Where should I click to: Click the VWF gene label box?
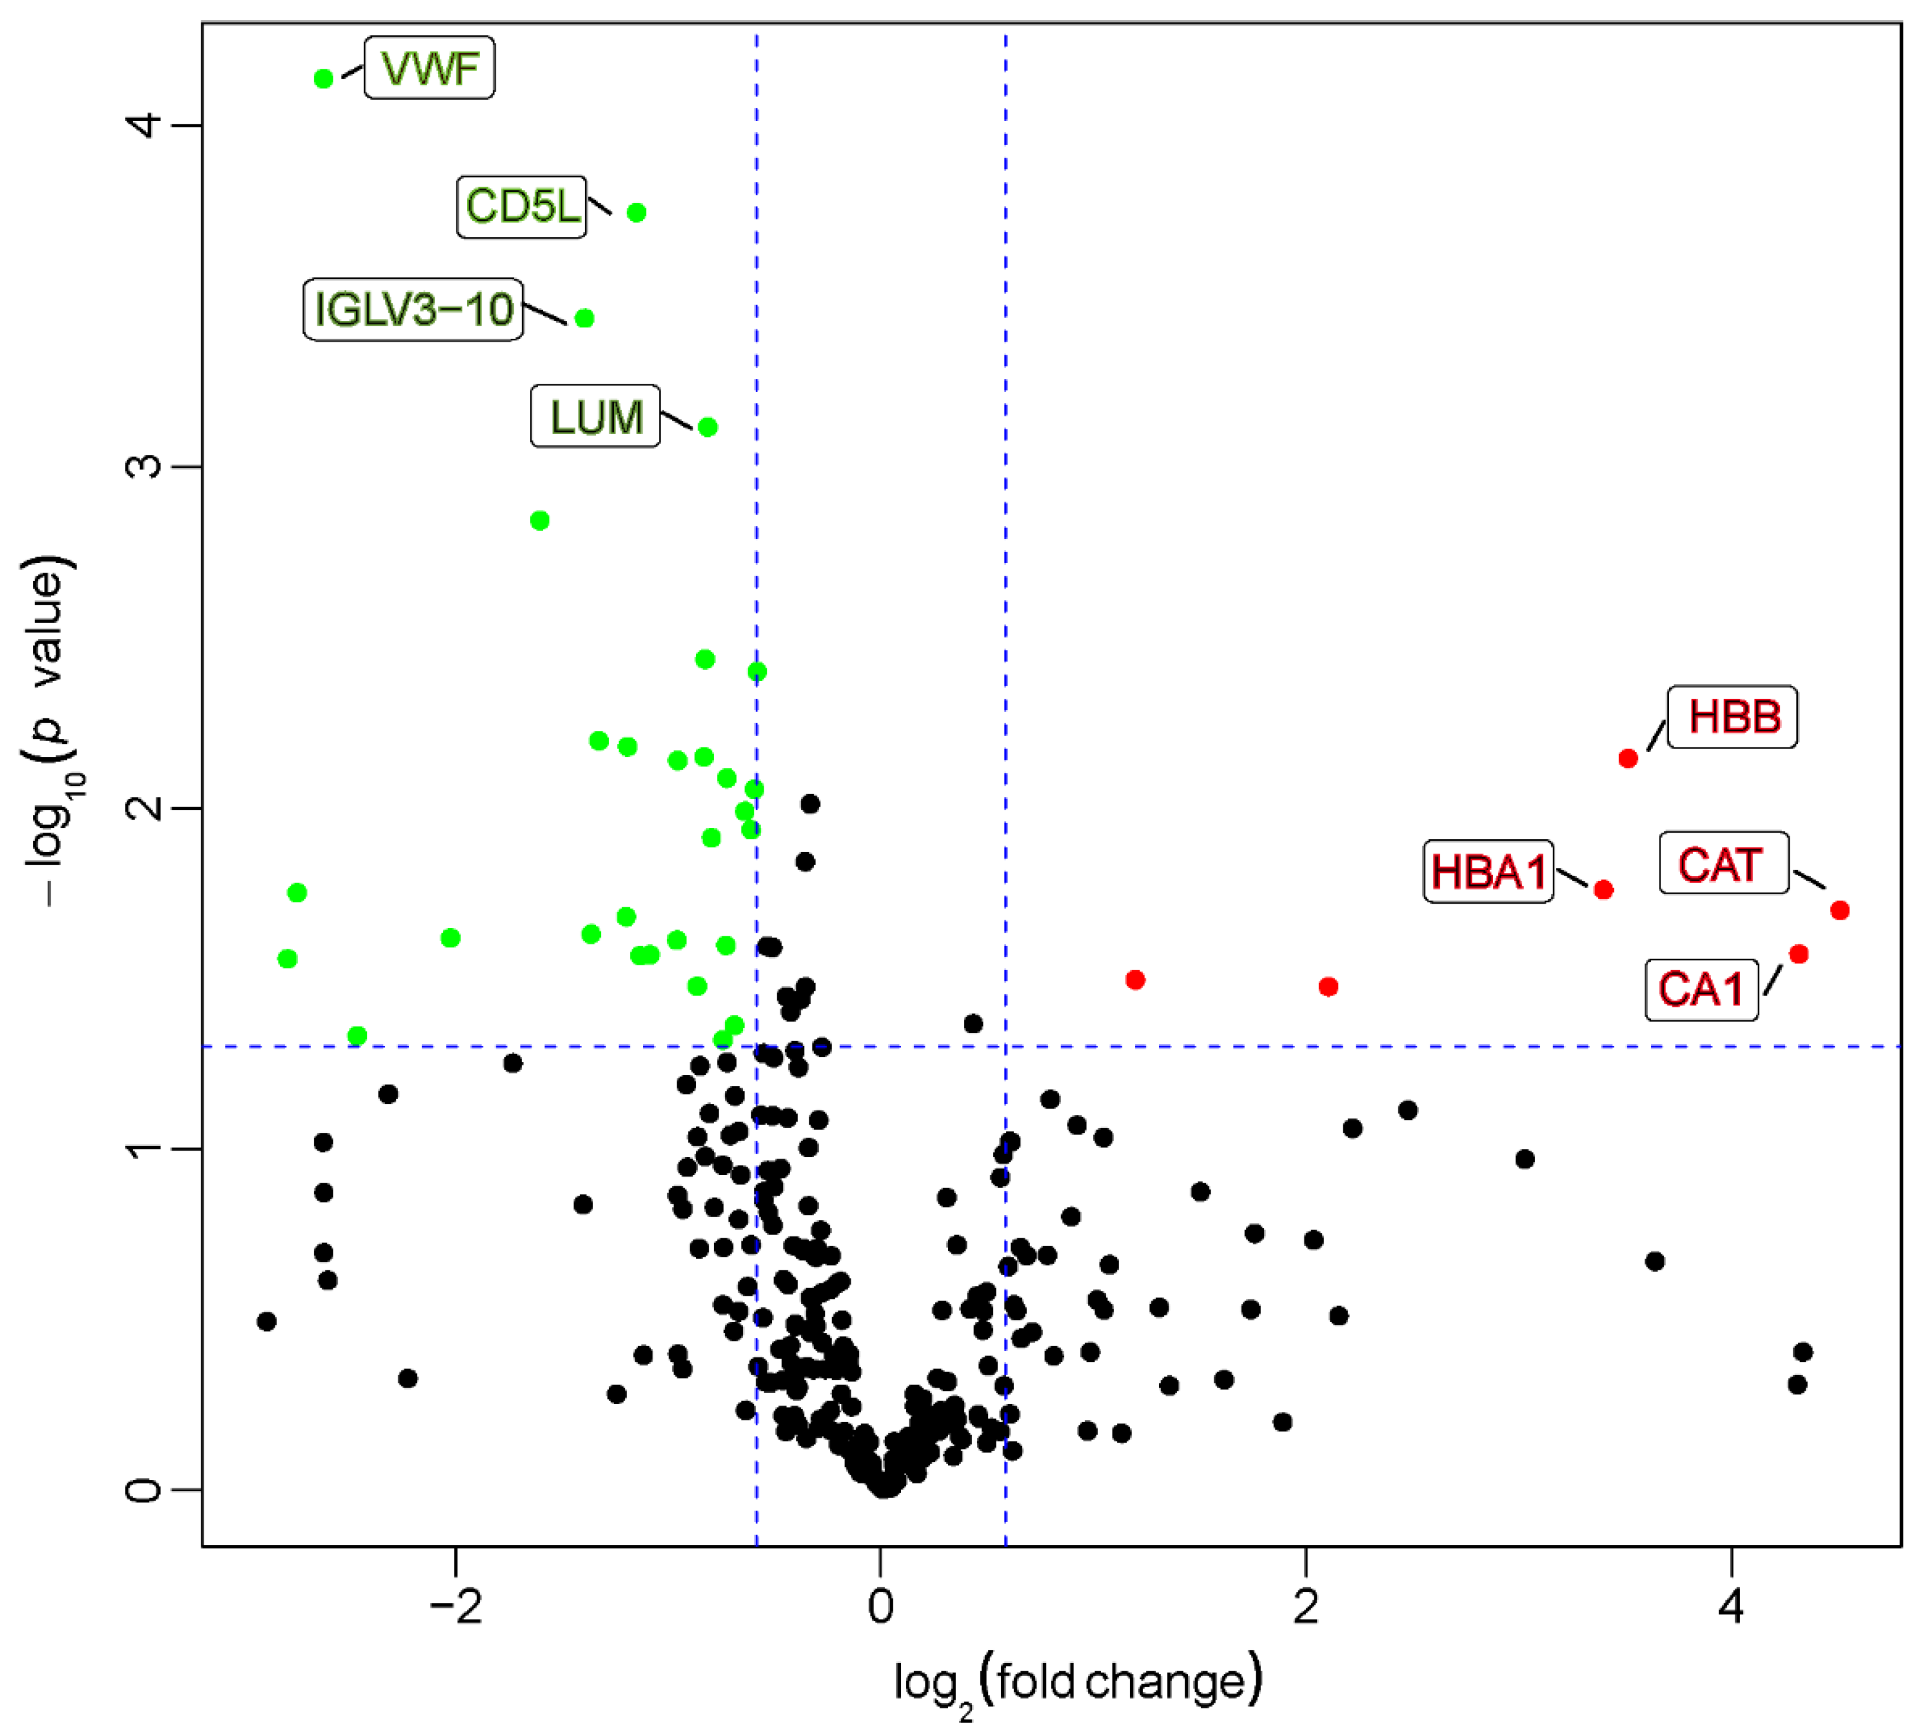429,68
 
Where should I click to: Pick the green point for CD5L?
637,213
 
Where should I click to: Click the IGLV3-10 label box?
413,309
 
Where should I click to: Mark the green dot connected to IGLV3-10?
585,318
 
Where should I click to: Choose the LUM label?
596,416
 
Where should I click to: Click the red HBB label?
1733,717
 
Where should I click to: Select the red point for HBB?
1628,759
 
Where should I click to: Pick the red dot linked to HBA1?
1604,890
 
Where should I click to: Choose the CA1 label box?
1701,990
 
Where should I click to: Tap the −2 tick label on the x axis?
456,1608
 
